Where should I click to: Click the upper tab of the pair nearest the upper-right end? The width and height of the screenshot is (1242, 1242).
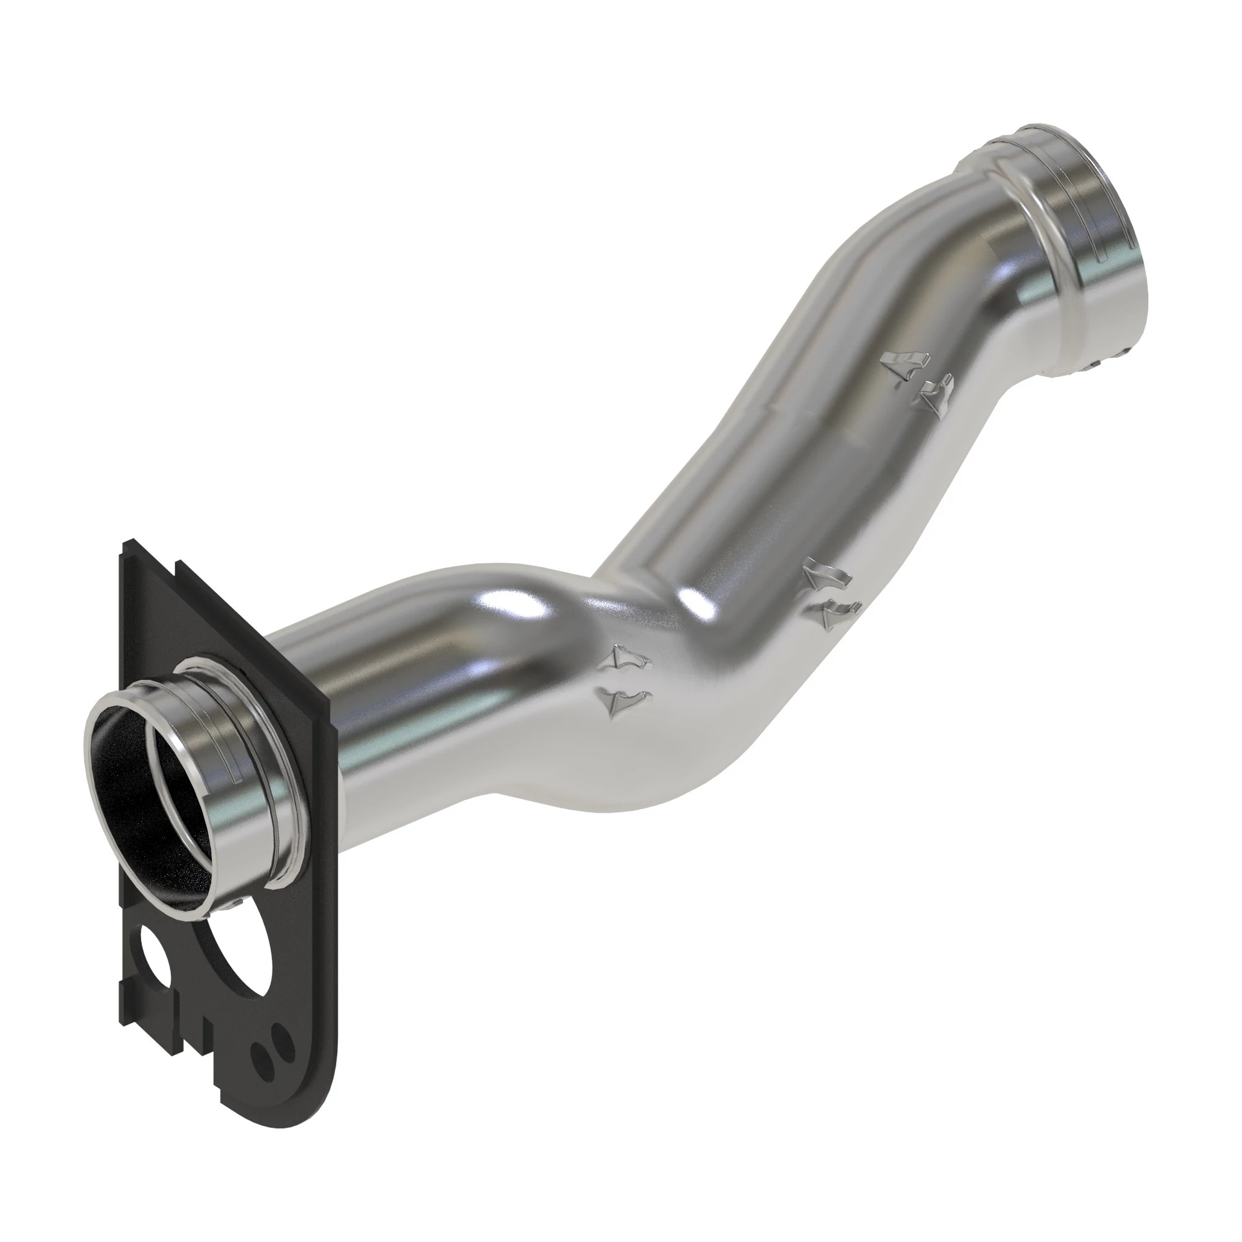pos(905,366)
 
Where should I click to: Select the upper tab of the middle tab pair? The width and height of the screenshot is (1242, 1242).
pos(825,576)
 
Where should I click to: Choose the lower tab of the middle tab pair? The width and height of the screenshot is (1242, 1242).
pos(838,614)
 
